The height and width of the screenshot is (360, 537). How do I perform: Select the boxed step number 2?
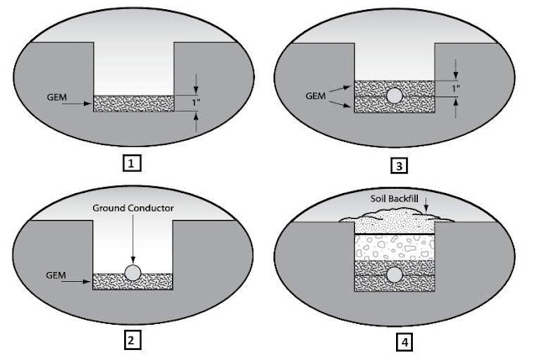132,340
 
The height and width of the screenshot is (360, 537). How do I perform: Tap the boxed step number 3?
399,165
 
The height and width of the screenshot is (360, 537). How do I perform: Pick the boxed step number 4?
400,342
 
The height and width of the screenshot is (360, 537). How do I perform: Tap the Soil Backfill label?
399,199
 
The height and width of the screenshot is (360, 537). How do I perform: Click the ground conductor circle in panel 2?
133,273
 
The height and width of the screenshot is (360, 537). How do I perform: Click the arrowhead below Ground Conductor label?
133,259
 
